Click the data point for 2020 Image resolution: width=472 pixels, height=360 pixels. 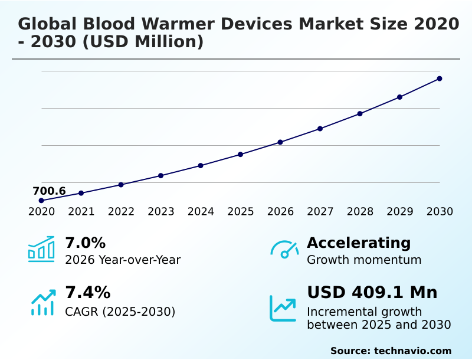pos(41,201)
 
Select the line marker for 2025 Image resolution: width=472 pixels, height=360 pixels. pos(241,155)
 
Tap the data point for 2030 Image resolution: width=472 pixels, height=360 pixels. pos(440,78)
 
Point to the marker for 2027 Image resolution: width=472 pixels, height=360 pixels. pos(320,129)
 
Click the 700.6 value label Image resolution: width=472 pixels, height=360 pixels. pos(49,191)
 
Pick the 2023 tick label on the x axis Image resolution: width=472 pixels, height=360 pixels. pos(161,212)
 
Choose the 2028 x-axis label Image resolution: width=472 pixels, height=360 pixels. pos(360,212)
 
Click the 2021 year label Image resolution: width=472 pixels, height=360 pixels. pos(81,212)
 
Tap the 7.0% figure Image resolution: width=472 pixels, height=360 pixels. pos(85,243)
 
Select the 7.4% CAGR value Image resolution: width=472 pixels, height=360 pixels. pos(87,292)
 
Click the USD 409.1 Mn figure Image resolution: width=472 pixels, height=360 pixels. pos(372,292)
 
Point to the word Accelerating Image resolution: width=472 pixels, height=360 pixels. pos(359,243)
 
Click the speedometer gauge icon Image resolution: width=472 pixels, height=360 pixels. pos(284,249)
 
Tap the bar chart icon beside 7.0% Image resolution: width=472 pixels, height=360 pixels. pos(41,249)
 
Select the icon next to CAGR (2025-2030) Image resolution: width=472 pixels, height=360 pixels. pos(42,302)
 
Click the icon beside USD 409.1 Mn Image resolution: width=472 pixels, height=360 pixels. pos(283,307)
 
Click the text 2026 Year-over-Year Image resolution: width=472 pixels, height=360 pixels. pos(123,260)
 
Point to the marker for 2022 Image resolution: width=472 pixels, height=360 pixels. pos(121,185)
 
